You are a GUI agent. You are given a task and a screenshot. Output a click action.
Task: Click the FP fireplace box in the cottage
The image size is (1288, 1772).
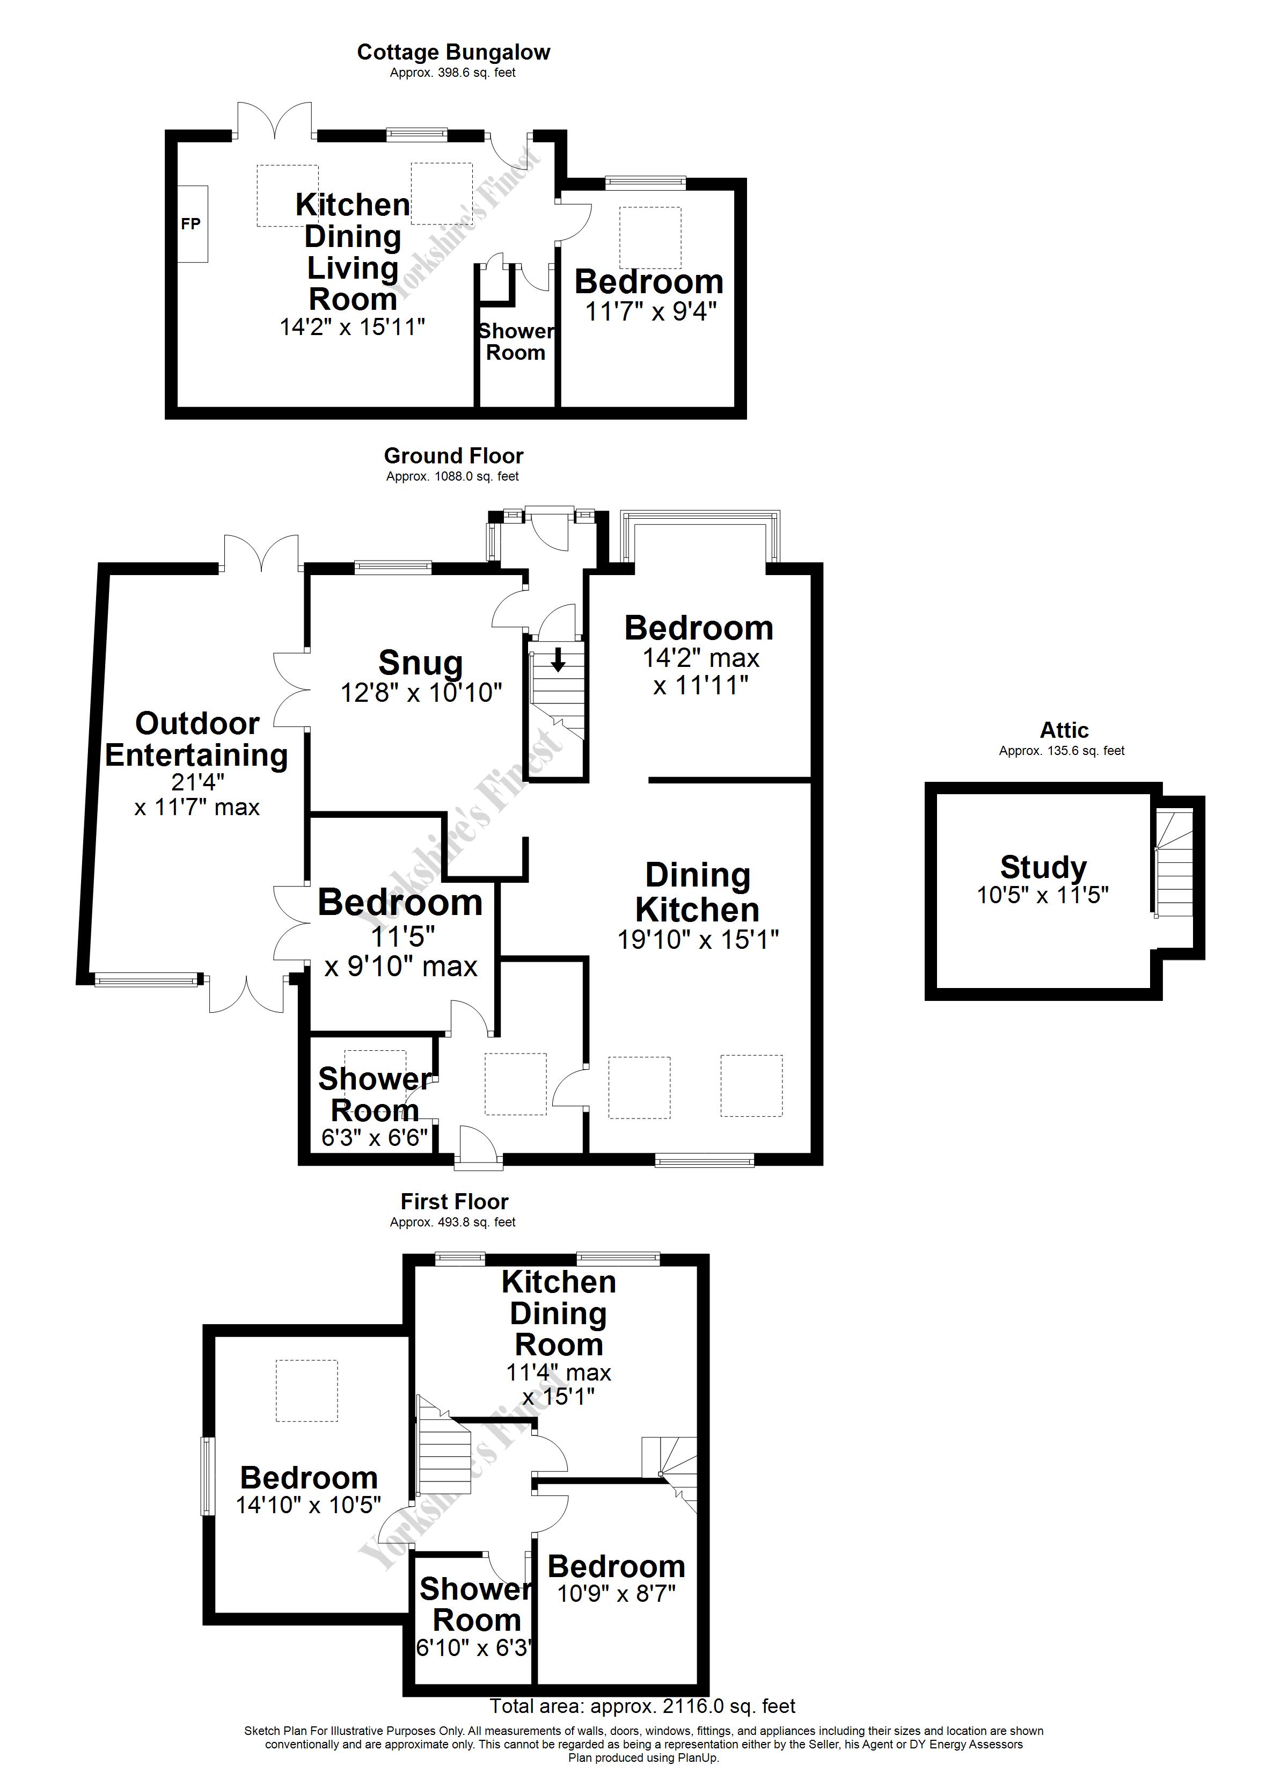point(192,224)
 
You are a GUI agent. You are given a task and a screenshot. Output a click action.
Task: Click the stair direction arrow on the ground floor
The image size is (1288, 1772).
point(558,661)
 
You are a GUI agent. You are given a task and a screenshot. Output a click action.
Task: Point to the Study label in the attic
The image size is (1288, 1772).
point(1043,867)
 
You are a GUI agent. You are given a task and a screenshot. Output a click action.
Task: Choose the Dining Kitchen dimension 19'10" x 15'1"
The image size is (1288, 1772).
point(698,939)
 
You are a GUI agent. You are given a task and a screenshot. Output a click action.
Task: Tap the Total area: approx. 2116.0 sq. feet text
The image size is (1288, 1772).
point(642,1706)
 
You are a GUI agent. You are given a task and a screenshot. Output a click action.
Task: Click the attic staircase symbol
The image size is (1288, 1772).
point(1174,864)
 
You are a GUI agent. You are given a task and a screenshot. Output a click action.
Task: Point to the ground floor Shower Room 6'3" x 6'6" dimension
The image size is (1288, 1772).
point(375,1137)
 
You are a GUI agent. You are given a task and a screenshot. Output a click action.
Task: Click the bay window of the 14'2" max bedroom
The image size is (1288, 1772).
point(700,519)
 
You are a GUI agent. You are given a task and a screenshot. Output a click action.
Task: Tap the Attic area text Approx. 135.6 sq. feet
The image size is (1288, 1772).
point(1062,751)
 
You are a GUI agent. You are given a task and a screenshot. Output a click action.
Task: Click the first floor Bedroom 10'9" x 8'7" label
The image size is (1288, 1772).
point(616,1566)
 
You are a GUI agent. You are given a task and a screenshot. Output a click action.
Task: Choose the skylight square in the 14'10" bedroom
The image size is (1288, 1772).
point(306,1391)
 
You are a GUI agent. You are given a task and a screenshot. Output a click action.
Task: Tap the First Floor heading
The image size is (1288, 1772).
point(454,1202)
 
